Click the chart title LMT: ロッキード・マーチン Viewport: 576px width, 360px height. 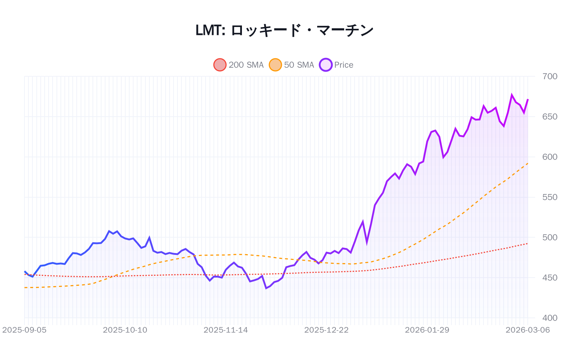[284, 31]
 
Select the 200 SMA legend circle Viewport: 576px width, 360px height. [220, 65]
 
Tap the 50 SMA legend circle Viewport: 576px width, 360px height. [275, 65]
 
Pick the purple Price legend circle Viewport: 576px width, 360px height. [325, 65]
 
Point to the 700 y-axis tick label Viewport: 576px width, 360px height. [549, 76]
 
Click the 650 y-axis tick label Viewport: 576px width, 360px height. [549, 117]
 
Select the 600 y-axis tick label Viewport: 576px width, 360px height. [549, 157]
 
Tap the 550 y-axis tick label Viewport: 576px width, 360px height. [549, 197]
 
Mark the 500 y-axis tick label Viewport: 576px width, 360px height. [549, 238]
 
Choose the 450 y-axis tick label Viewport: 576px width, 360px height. [549, 278]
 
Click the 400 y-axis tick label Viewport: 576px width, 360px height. [549, 318]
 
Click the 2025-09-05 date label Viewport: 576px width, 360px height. [24, 330]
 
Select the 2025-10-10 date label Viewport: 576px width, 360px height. [125, 330]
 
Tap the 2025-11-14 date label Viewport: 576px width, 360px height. [226, 330]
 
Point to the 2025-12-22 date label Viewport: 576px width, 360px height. [326, 330]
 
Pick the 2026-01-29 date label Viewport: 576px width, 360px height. [427, 330]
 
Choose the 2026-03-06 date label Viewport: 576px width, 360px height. [527, 330]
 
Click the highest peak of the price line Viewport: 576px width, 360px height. [512, 95]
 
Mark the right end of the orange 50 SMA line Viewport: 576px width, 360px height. [528, 163]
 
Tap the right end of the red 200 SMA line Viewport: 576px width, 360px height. [528, 244]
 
